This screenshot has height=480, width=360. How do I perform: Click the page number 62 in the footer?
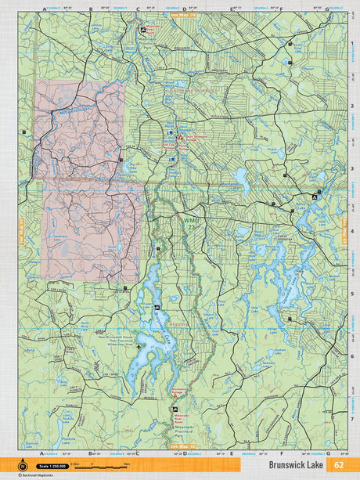pos(338,464)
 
